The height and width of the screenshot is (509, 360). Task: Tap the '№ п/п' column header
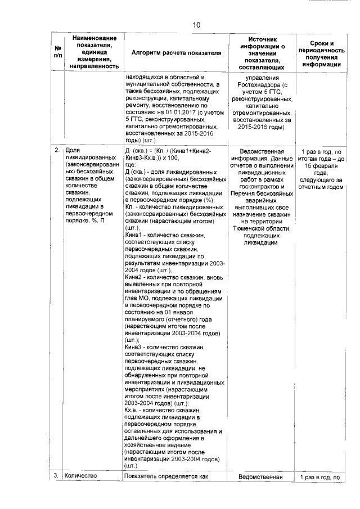57,52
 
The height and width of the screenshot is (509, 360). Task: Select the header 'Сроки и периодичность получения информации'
323,53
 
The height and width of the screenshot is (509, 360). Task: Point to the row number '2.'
57,151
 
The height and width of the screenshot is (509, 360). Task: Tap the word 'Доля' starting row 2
73,151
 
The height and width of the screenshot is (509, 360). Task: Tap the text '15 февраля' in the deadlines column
323,166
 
